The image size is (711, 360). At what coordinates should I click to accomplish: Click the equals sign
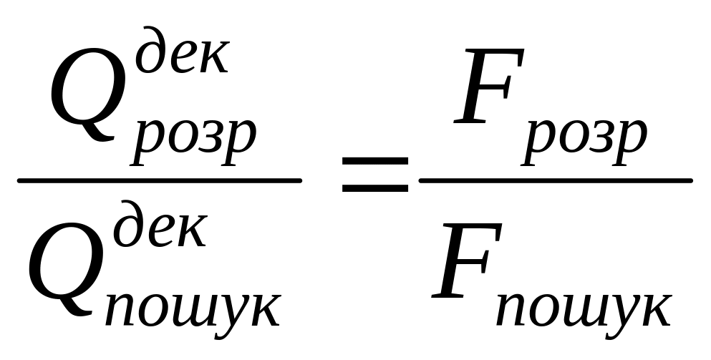pos(374,175)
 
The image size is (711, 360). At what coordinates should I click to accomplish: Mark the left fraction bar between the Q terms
pos(159,180)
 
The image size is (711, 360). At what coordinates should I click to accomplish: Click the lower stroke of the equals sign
pos(374,189)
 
